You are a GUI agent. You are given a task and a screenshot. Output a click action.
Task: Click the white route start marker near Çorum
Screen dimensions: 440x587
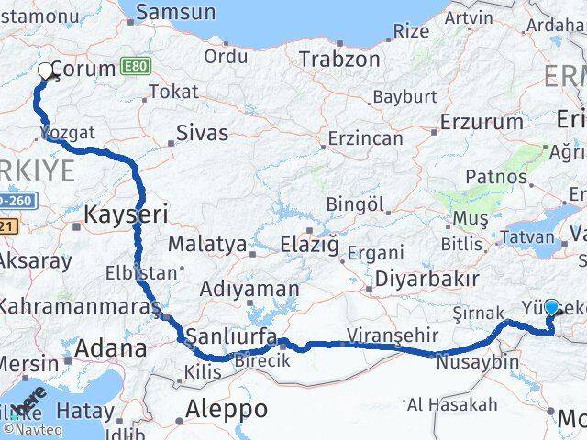coord(45,71)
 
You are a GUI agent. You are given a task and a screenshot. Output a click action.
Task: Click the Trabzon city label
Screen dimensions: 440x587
coord(339,59)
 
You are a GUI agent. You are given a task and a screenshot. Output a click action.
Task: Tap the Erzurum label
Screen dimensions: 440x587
coord(481,122)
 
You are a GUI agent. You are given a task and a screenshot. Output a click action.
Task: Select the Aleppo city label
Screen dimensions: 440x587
coord(226,408)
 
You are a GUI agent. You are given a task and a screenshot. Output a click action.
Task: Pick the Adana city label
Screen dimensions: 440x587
coord(111,348)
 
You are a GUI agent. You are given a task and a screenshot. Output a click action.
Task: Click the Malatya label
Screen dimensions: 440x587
coord(207,245)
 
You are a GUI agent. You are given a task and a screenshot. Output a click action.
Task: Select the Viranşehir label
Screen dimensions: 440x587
coord(385,335)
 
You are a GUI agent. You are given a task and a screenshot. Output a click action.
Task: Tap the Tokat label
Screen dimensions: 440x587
coord(172,92)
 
